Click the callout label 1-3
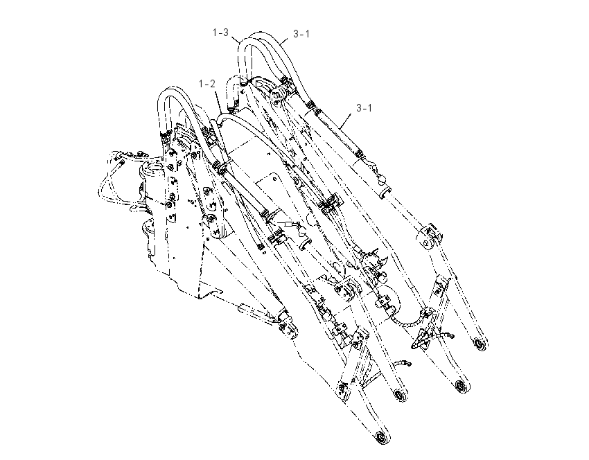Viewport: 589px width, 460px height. (x=220, y=33)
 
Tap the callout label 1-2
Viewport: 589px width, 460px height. (x=207, y=83)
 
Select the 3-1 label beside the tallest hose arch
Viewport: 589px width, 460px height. (x=301, y=34)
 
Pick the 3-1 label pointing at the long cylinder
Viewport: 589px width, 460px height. (x=364, y=108)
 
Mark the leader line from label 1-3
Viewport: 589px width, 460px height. (x=235, y=39)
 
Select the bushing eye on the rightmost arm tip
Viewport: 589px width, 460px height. (x=480, y=344)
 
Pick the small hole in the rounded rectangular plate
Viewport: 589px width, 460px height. (x=270, y=153)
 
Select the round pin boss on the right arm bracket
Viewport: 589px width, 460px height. (x=427, y=242)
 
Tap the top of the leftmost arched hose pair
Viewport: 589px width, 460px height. (x=171, y=89)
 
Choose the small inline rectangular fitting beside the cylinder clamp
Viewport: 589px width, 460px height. (x=289, y=225)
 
